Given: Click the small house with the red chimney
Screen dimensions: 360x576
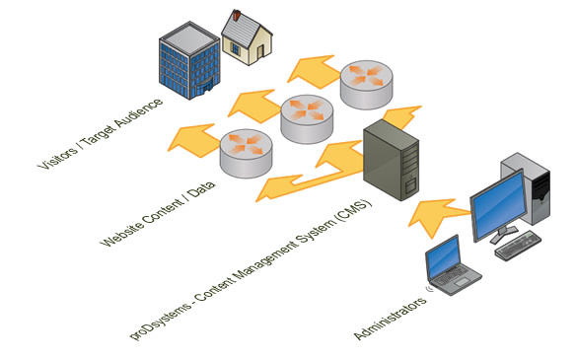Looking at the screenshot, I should tap(246, 41).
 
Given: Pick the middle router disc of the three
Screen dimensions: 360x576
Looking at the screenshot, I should tap(306, 116).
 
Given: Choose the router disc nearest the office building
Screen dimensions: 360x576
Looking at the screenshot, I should tap(367, 84).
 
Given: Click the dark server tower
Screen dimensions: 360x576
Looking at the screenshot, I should tap(392, 162).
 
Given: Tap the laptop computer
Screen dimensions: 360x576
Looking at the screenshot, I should tap(453, 269).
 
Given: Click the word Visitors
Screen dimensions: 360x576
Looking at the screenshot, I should tap(51, 154).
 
